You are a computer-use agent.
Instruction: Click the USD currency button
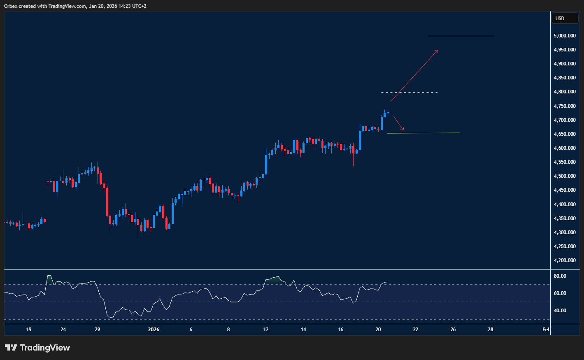point(564,18)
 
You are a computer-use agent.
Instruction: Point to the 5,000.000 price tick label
point(565,36)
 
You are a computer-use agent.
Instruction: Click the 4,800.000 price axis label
point(565,92)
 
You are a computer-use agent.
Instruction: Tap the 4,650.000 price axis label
point(565,134)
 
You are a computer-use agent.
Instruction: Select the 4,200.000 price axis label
point(565,260)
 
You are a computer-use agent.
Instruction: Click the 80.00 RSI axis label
point(560,276)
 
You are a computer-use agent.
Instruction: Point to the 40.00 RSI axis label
point(560,311)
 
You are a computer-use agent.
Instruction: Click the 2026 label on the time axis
point(154,330)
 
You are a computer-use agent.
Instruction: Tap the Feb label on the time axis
point(546,330)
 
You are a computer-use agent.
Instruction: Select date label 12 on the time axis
point(266,330)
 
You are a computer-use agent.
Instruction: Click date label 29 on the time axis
point(97,330)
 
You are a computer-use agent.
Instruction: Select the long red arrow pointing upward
point(414,76)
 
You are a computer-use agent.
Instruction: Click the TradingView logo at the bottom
point(37,348)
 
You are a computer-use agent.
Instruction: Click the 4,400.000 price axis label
point(565,204)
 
